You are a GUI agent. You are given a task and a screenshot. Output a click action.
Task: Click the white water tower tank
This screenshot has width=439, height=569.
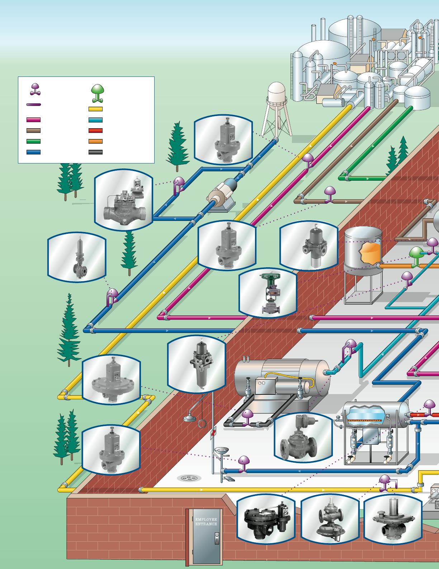pyautogui.click(x=277, y=92)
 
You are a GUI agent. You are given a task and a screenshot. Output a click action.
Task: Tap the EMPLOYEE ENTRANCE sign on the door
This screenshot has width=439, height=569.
pyautogui.click(x=206, y=522)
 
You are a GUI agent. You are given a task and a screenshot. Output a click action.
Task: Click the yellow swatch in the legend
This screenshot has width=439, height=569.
pyautogui.click(x=95, y=109)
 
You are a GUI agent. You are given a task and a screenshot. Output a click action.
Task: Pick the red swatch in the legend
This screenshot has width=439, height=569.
pyautogui.click(x=95, y=131)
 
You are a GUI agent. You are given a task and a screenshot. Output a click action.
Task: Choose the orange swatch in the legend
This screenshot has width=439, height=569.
pyautogui.click(x=95, y=142)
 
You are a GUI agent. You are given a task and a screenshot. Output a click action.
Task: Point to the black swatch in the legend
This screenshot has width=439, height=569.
pyautogui.click(x=95, y=152)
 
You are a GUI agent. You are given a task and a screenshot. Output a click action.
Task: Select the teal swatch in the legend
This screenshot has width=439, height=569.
pyautogui.click(x=95, y=120)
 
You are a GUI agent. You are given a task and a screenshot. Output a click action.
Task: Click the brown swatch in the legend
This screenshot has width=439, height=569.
pyautogui.click(x=33, y=131)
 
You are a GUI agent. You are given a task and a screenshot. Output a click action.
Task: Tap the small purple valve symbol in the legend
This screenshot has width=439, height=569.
pyautogui.click(x=35, y=89)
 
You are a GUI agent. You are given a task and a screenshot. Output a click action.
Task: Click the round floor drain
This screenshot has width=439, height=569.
pyautogui.click(x=189, y=478)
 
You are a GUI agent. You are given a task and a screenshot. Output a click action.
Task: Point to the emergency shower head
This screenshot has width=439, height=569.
pyautogui.click(x=189, y=418)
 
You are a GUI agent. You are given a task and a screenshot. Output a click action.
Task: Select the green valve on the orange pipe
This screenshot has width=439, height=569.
pyautogui.click(x=416, y=256)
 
